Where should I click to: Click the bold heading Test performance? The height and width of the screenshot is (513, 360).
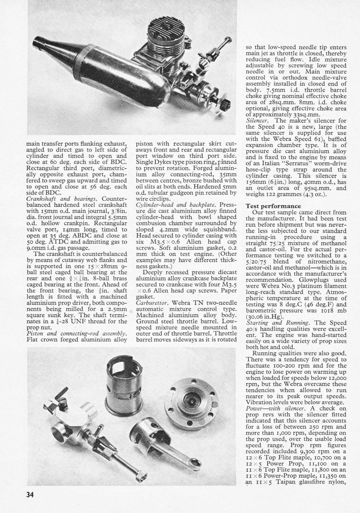(x=273, y=206)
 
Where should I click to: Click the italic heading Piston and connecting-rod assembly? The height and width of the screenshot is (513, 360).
(x=77, y=333)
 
